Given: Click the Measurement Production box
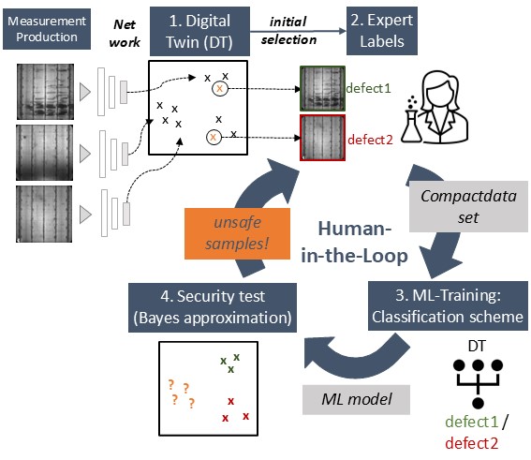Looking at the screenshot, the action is [47, 29].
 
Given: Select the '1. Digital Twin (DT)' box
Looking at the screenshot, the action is [199, 31].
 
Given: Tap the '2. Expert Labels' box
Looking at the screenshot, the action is [382, 31].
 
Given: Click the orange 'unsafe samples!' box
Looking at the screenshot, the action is [237, 233].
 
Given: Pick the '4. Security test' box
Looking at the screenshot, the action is [213, 307].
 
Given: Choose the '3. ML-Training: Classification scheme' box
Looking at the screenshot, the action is [448, 305].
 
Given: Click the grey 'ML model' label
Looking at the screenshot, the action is [356, 399].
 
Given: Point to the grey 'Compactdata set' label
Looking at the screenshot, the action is [468, 207].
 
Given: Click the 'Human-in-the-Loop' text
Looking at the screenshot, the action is [354, 242].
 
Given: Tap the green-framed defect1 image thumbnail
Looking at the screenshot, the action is [322, 88].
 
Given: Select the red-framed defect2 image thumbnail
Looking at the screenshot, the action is [322, 137].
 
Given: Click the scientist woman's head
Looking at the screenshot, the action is [439, 86].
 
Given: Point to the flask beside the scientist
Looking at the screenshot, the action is [411, 126].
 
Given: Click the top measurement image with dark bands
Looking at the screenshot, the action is [45, 92].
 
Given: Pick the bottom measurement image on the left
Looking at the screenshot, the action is [44, 214].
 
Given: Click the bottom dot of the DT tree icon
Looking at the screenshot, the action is [478, 403].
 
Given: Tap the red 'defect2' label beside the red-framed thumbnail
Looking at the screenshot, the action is [370, 140].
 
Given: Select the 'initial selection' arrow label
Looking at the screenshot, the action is [288, 31].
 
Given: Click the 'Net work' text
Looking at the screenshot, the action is [125, 33].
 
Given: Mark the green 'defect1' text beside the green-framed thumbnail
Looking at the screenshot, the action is [368, 88].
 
